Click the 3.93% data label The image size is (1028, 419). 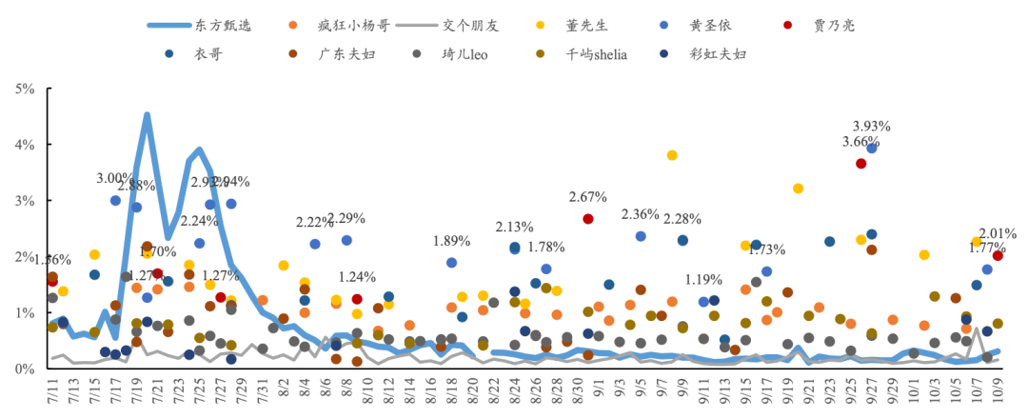(871, 126)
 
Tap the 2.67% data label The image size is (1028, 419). (588, 197)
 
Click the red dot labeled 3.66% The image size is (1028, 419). (861, 164)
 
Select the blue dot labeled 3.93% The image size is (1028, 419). (872, 149)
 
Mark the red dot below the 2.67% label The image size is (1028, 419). (588, 219)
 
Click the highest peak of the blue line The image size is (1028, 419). (148, 115)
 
